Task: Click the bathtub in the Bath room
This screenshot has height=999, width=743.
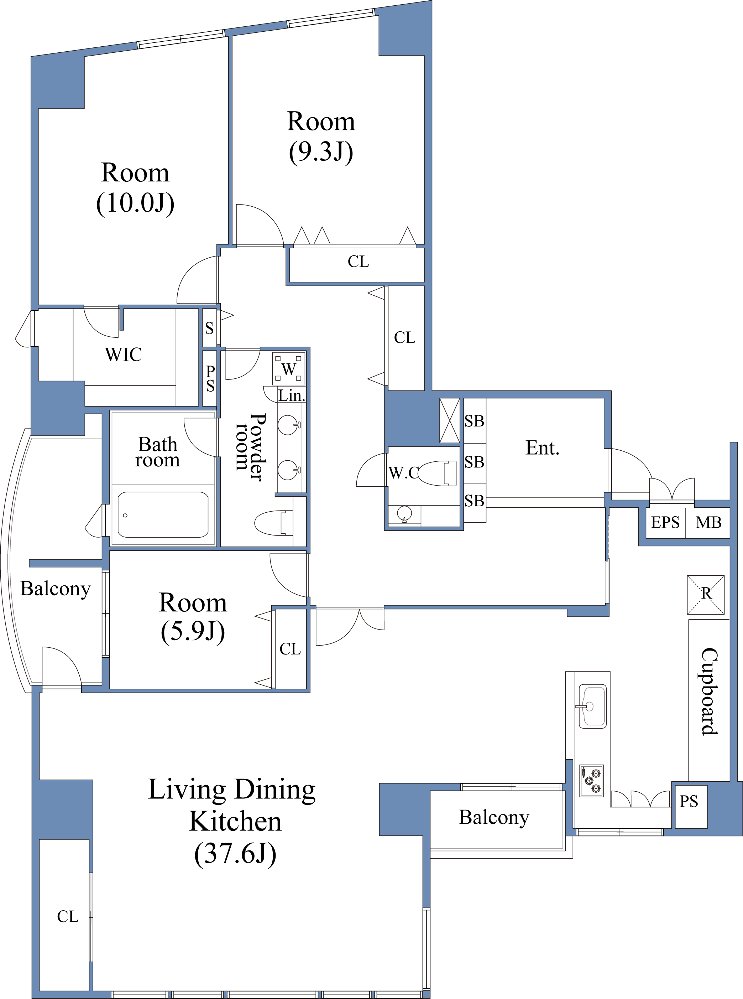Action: (163, 514)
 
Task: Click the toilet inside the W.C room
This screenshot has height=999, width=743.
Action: (437, 473)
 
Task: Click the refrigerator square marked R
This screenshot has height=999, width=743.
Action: (706, 595)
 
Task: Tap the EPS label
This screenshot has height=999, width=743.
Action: (665, 522)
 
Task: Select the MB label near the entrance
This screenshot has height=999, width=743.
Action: (708, 522)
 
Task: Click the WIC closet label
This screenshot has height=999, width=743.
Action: (124, 354)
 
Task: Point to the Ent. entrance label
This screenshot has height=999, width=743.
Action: (543, 448)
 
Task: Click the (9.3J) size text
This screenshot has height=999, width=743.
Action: (321, 152)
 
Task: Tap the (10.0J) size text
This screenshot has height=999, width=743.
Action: (135, 203)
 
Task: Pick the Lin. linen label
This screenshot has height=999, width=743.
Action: (292, 395)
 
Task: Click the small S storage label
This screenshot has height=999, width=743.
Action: (210, 328)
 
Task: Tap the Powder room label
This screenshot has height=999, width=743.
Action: (250, 447)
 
